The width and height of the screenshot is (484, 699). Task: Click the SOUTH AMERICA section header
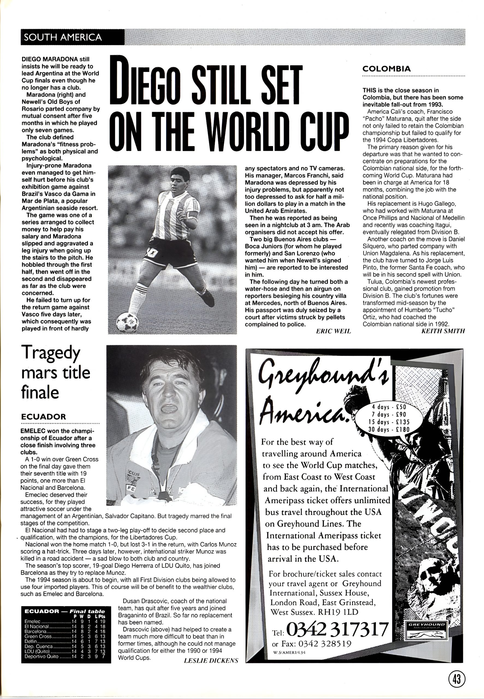(63, 37)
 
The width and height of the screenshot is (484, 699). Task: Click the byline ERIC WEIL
(333, 331)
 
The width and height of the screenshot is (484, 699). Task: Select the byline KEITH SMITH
(443, 331)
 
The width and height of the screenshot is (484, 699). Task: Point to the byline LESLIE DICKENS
(211, 661)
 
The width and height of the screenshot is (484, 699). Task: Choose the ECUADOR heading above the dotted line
(43, 416)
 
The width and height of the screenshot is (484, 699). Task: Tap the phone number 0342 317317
(337, 630)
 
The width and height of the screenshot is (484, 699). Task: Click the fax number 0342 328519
(325, 644)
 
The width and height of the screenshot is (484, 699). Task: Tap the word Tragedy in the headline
(51, 353)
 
